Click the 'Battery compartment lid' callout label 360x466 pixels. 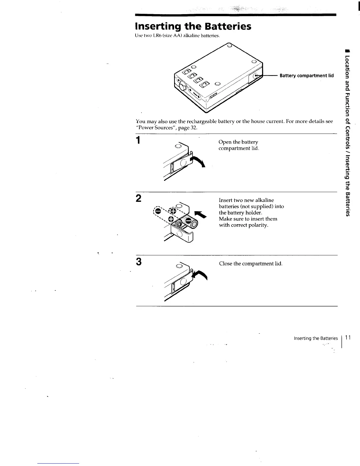[x=306, y=76]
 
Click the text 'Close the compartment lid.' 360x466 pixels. [x=251, y=264]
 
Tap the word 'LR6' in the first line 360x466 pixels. [x=155, y=36]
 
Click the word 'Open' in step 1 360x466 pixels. [x=225, y=142]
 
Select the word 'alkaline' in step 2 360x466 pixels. [x=264, y=200]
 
